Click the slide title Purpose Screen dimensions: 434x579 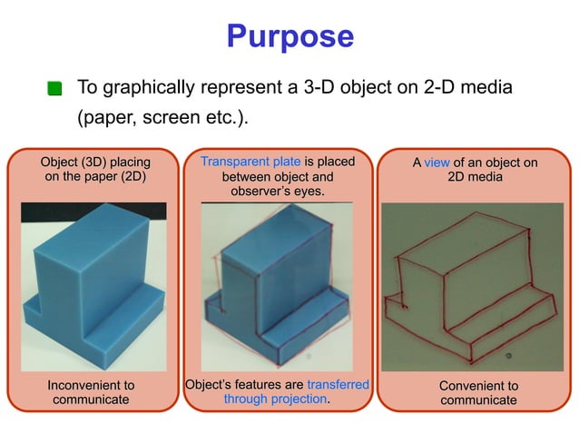click(x=289, y=36)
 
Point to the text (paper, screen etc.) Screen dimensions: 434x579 click(x=161, y=119)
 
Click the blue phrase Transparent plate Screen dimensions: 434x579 click(x=250, y=162)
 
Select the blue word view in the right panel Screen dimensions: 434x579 click(x=437, y=163)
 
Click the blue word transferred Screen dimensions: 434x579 click(x=338, y=385)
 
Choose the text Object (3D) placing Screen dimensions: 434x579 click(x=95, y=162)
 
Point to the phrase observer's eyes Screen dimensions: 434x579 click(x=278, y=192)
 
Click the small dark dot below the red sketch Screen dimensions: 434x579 click(x=507, y=355)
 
